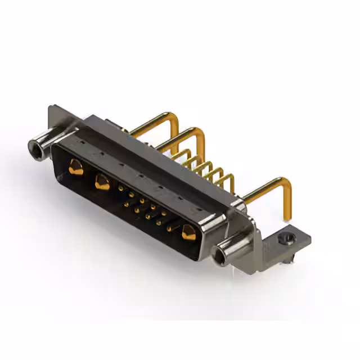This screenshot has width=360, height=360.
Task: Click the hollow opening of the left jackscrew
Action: coord(35,148)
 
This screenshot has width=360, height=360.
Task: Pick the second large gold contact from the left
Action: coord(102,182)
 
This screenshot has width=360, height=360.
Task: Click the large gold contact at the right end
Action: coord(188,232)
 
